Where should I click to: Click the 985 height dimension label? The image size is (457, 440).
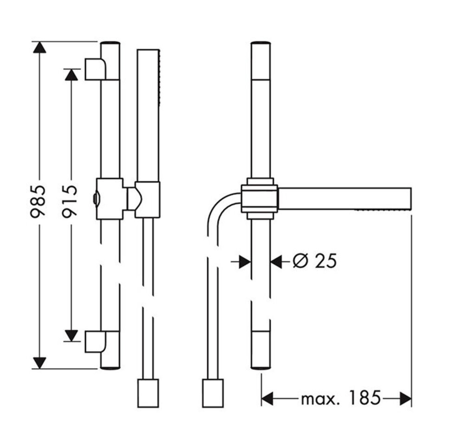38,201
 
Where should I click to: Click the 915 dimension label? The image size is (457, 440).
70,201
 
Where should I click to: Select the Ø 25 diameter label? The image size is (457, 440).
315,261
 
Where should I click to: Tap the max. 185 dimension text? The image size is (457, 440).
341,398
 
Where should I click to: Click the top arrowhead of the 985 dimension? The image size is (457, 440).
39,47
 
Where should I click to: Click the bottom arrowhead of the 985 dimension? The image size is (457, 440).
39,363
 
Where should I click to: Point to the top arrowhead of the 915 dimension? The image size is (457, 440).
71,75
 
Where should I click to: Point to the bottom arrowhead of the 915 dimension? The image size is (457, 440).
71,335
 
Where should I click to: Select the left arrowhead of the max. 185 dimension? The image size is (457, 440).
267,398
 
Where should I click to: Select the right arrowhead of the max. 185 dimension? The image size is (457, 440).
406,398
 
